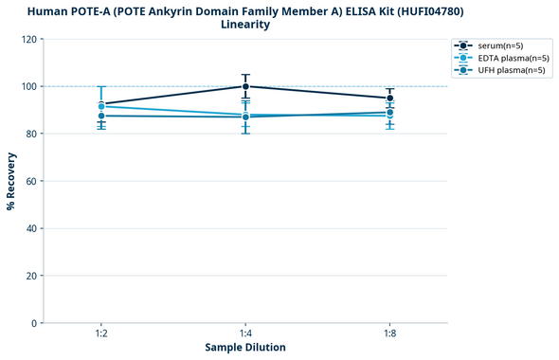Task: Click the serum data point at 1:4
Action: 245,86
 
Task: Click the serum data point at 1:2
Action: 101,104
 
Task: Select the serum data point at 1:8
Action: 389,99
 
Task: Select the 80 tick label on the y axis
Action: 31,134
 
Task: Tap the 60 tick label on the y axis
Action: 31,181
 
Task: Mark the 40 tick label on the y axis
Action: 31,228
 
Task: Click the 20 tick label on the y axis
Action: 31,276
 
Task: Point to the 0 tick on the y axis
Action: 34,323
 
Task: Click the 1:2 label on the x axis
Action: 101,334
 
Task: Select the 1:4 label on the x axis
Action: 245,334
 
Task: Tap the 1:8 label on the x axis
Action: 389,334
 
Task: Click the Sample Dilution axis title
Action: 245,348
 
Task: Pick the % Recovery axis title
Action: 11,181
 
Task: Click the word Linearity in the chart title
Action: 245,25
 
